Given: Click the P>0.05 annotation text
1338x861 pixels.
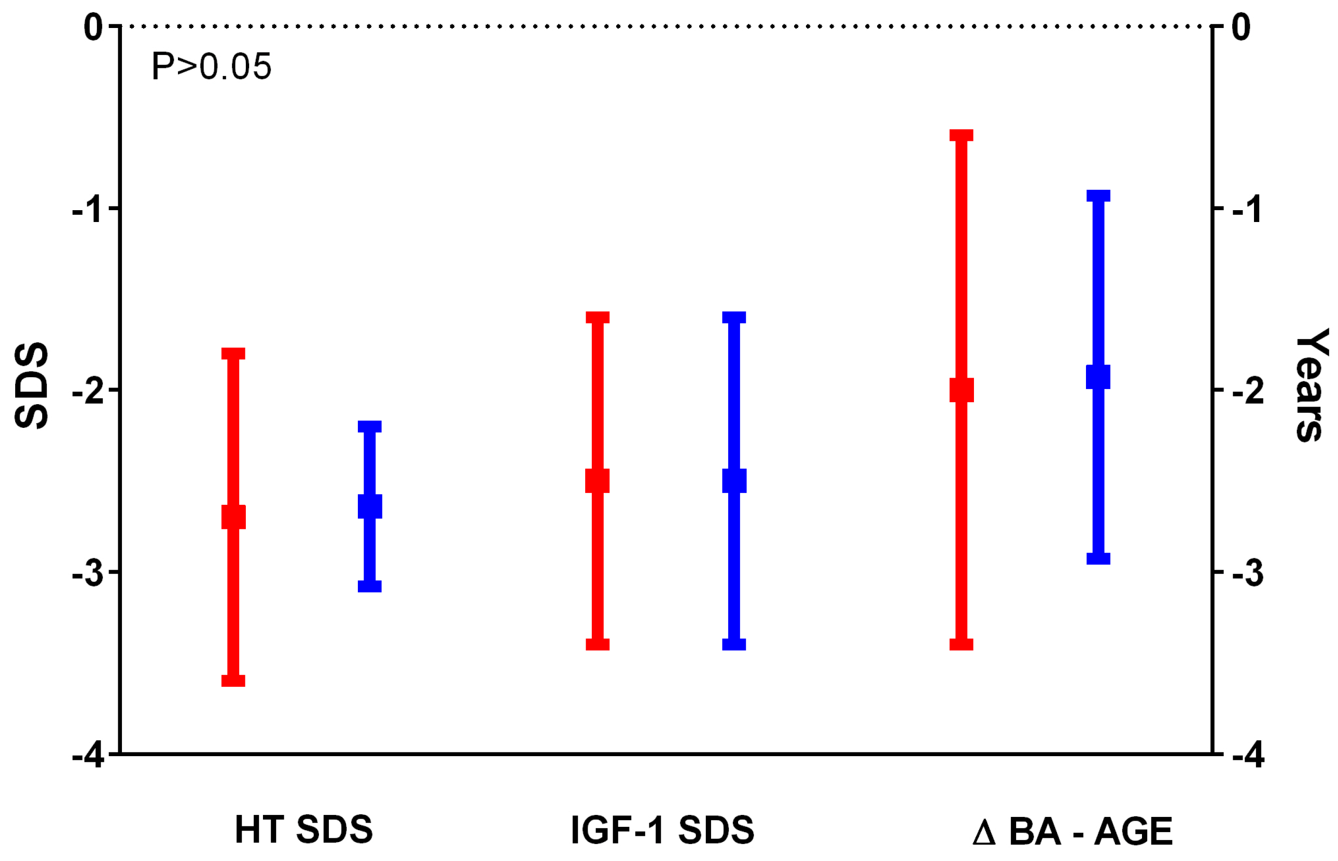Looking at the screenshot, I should (211, 67).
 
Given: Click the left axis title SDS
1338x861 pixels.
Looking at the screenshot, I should (32, 385).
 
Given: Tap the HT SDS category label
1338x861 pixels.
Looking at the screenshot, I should (303, 830).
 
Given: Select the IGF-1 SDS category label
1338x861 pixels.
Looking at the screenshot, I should (662, 830).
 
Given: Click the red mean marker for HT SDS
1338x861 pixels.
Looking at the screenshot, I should (233, 517).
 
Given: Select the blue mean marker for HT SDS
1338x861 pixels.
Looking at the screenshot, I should (370, 507).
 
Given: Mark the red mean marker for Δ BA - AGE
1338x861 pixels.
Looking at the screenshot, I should (961, 390).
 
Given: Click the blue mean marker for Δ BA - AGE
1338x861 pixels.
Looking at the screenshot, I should (1097, 377).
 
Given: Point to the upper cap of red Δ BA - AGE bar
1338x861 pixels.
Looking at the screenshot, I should (961, 135).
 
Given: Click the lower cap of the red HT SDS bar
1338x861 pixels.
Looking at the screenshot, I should (233, 680).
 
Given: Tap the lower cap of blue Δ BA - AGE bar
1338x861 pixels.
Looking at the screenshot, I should (1097, 558).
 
